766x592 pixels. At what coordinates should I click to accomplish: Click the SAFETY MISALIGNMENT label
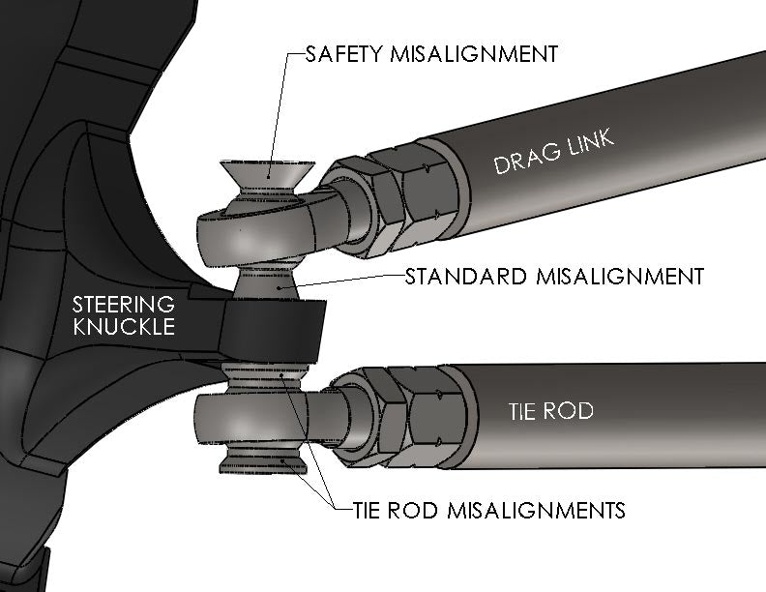pos(431,54)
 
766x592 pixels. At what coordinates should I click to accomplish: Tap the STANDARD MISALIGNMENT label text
pos(554,277)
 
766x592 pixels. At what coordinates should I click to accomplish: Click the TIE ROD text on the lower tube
pos(550,412)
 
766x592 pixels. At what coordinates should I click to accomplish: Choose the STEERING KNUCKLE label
pos(125,315)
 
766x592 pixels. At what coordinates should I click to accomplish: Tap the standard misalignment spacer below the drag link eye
pos(272,281)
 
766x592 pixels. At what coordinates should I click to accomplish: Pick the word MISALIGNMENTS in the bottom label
pos(533,509)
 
